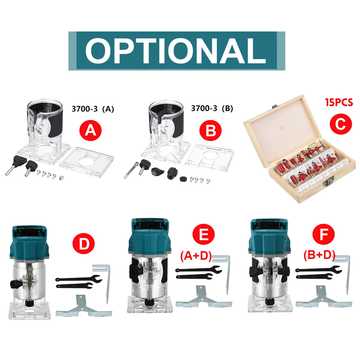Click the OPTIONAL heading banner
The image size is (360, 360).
coord(176,51)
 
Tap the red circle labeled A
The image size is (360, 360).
coord(90,130)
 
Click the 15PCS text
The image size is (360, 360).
coord(339,103)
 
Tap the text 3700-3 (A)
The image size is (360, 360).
coord(93,109)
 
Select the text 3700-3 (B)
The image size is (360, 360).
coord(212,108)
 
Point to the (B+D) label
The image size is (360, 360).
coord(319,255)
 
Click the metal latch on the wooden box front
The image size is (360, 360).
coord(330,181)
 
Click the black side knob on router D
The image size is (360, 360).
coord(15,284)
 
